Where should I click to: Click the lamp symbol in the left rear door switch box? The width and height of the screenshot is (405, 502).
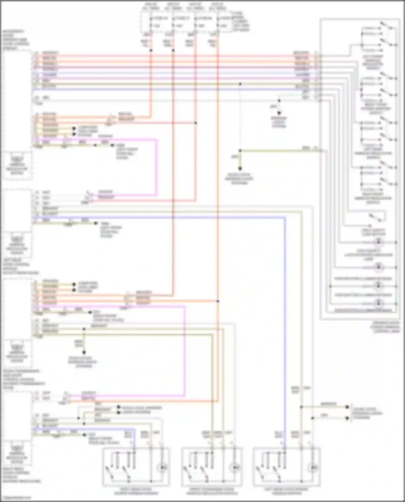[313, 467]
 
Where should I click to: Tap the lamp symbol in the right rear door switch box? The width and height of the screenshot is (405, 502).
[162, 467]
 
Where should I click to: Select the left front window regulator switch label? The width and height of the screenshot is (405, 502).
[373, 63]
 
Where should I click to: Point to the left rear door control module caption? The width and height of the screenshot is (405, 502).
[20, 268]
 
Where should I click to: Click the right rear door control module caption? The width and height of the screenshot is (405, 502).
[22, 477]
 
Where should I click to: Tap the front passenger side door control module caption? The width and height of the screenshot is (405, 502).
[23, 377]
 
